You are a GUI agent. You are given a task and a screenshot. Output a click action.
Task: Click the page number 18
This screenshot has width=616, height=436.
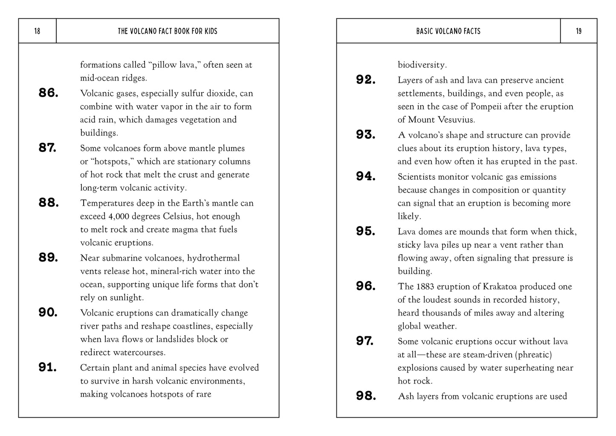pos(37,31)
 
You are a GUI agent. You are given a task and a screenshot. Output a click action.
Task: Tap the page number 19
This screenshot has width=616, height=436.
pos(578,31)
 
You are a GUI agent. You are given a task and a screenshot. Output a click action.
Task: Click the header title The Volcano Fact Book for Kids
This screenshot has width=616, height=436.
pos(168,31)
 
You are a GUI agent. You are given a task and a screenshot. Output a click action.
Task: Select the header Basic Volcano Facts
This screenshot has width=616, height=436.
pos(448,31)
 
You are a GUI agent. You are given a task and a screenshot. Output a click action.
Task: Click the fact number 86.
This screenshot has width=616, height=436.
pos(48,93)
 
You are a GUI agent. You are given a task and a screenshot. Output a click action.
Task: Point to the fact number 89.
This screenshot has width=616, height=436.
pos(48,258)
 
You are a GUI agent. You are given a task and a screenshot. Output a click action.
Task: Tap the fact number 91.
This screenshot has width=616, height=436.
pos(48,367)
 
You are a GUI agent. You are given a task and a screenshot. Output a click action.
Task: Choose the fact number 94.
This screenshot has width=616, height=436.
pos(366,176)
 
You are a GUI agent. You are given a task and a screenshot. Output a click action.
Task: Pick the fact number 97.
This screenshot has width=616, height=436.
pos(365,341)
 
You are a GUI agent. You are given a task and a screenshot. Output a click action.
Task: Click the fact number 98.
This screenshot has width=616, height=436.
pos(366,396)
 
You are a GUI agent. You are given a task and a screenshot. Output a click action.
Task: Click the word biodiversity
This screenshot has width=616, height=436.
pos(422,65)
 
